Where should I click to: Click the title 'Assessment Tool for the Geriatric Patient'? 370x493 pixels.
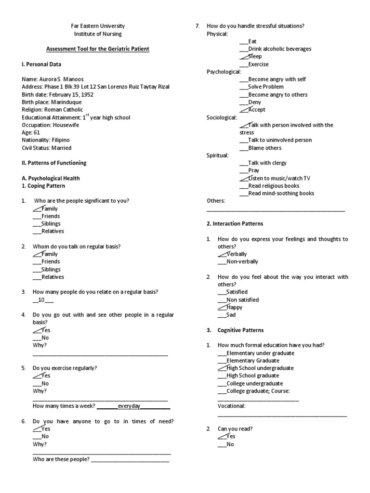coord(98,49)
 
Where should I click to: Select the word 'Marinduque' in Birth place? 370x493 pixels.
coord(66,102)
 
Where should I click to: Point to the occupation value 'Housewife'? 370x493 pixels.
coord(66,125)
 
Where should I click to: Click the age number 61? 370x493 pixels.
coord(37,133)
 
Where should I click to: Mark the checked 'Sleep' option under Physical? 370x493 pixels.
coord(255,57)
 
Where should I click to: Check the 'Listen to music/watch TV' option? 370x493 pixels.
coord(279,178)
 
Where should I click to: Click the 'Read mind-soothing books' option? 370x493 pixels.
coord(281,194)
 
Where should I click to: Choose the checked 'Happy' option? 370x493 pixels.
coord(234,307)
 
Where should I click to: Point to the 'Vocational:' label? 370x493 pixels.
coord(231,406)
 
